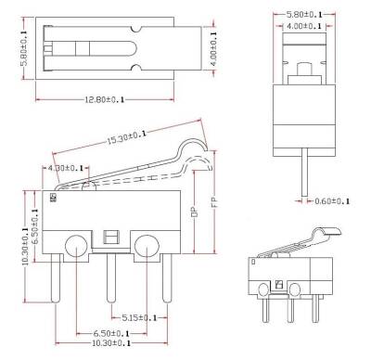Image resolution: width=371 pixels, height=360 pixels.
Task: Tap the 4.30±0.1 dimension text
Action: (64, 167)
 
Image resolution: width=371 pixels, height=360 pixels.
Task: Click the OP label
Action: (194, 211)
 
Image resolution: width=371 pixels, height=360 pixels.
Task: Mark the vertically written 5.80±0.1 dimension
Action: (9, 41)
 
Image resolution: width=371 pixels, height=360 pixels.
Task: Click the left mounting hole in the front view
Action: (74, 248)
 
